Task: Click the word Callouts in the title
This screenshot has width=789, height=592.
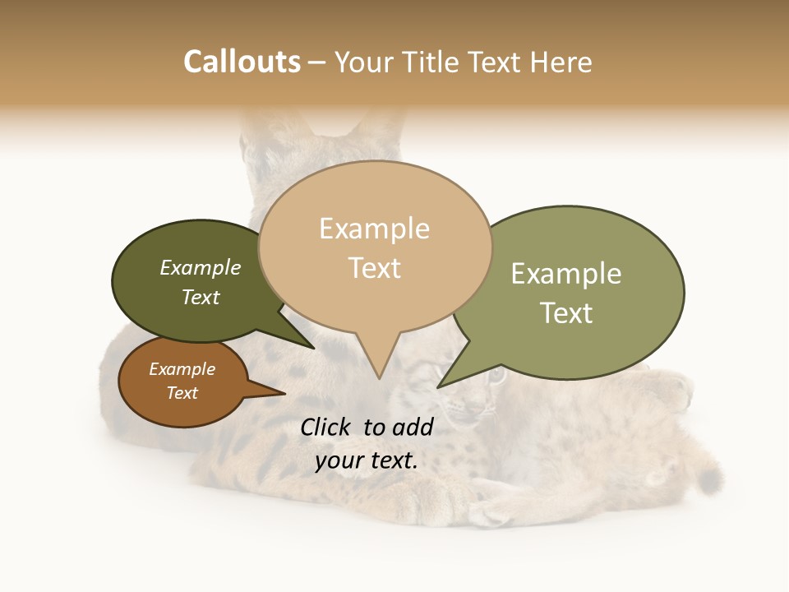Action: (x=242, y=62)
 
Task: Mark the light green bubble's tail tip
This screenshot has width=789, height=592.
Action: (x=439, y=386)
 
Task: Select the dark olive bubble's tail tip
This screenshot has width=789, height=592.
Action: (x=313, y=348)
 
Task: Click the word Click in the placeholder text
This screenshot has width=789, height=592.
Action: (x=326, y=427)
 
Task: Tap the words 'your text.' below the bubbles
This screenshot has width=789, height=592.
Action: (x=367, y=460)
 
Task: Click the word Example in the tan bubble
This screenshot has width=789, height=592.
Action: (x=374, y=229)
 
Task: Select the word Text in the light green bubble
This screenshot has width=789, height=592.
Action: (x=565, y=313)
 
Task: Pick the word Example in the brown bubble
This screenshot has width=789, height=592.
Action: (x=182, y=369)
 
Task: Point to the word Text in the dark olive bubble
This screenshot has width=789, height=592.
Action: (x=201, y=297)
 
